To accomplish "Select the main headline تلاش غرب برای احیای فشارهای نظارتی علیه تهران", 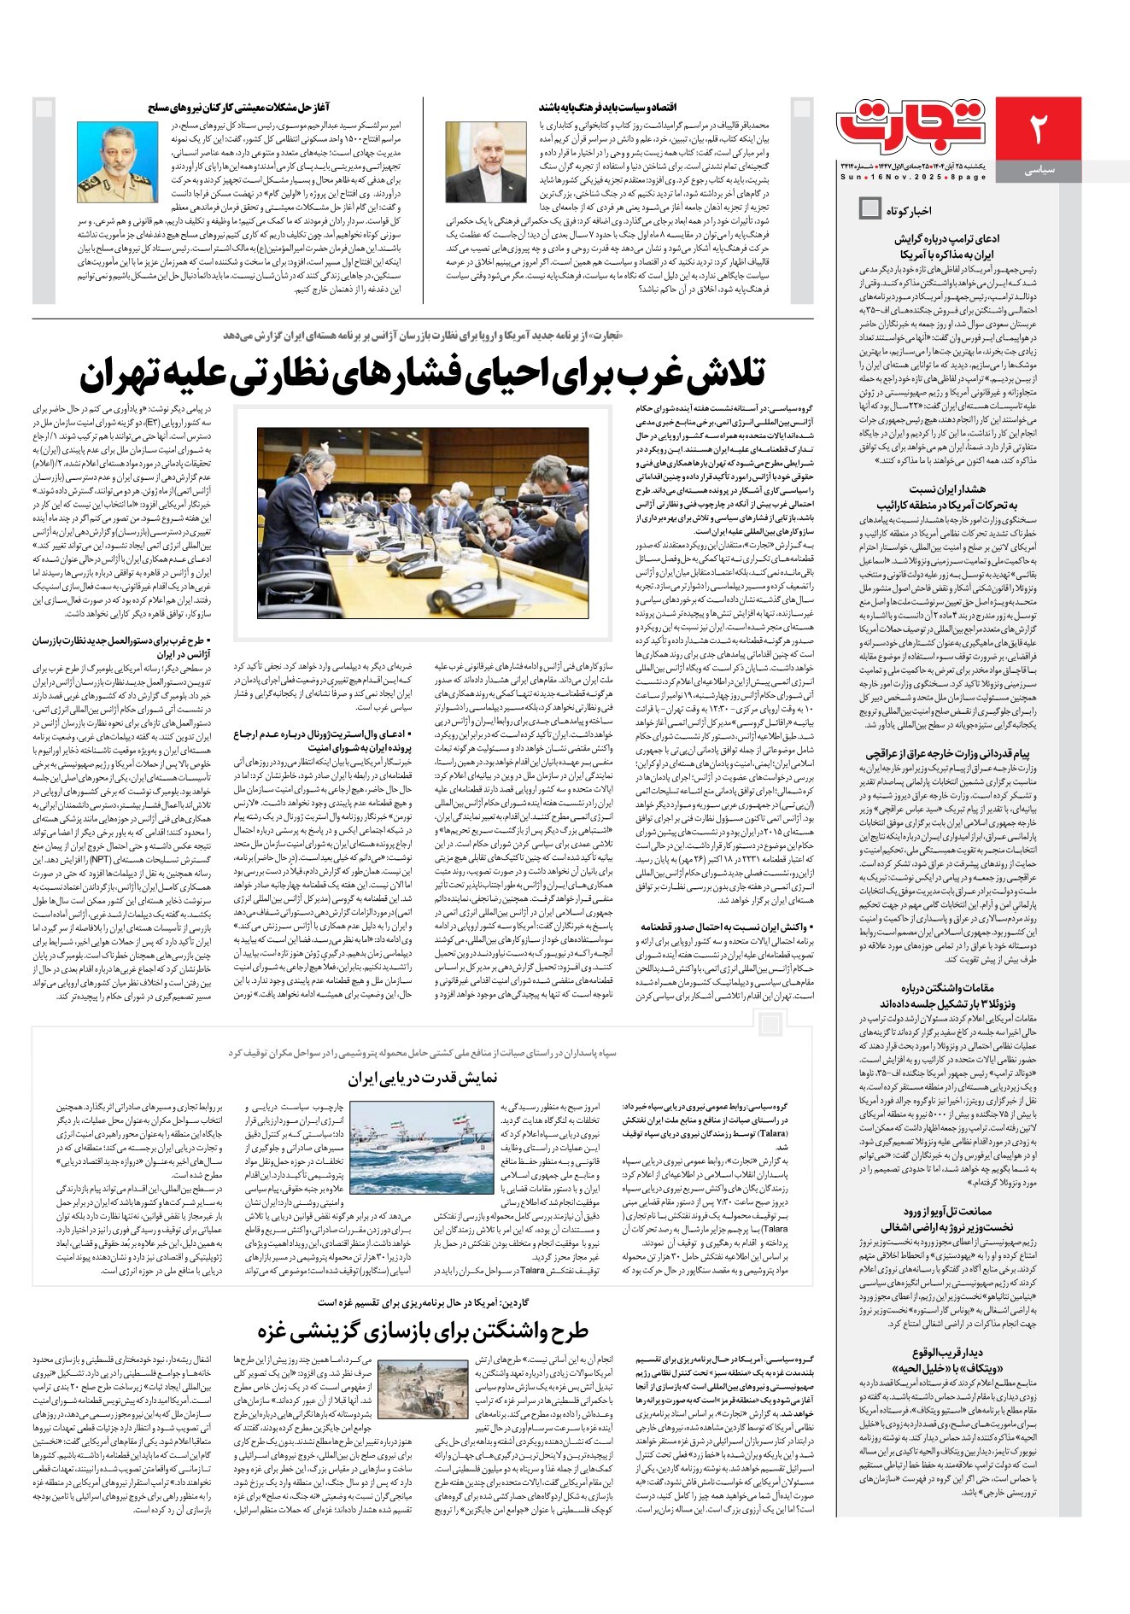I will [x=423, y=373].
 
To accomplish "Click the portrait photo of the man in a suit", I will [x=486, y=161].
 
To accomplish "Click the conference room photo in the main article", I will [x=434, y=523].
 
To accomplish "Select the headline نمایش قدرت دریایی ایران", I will [x=423, y=1078].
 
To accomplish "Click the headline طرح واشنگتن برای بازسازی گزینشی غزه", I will [x=423, y=1330].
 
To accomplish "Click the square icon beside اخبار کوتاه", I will [x=869, y=208].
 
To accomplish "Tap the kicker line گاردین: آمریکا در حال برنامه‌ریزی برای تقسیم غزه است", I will [x=423, y=1302].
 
